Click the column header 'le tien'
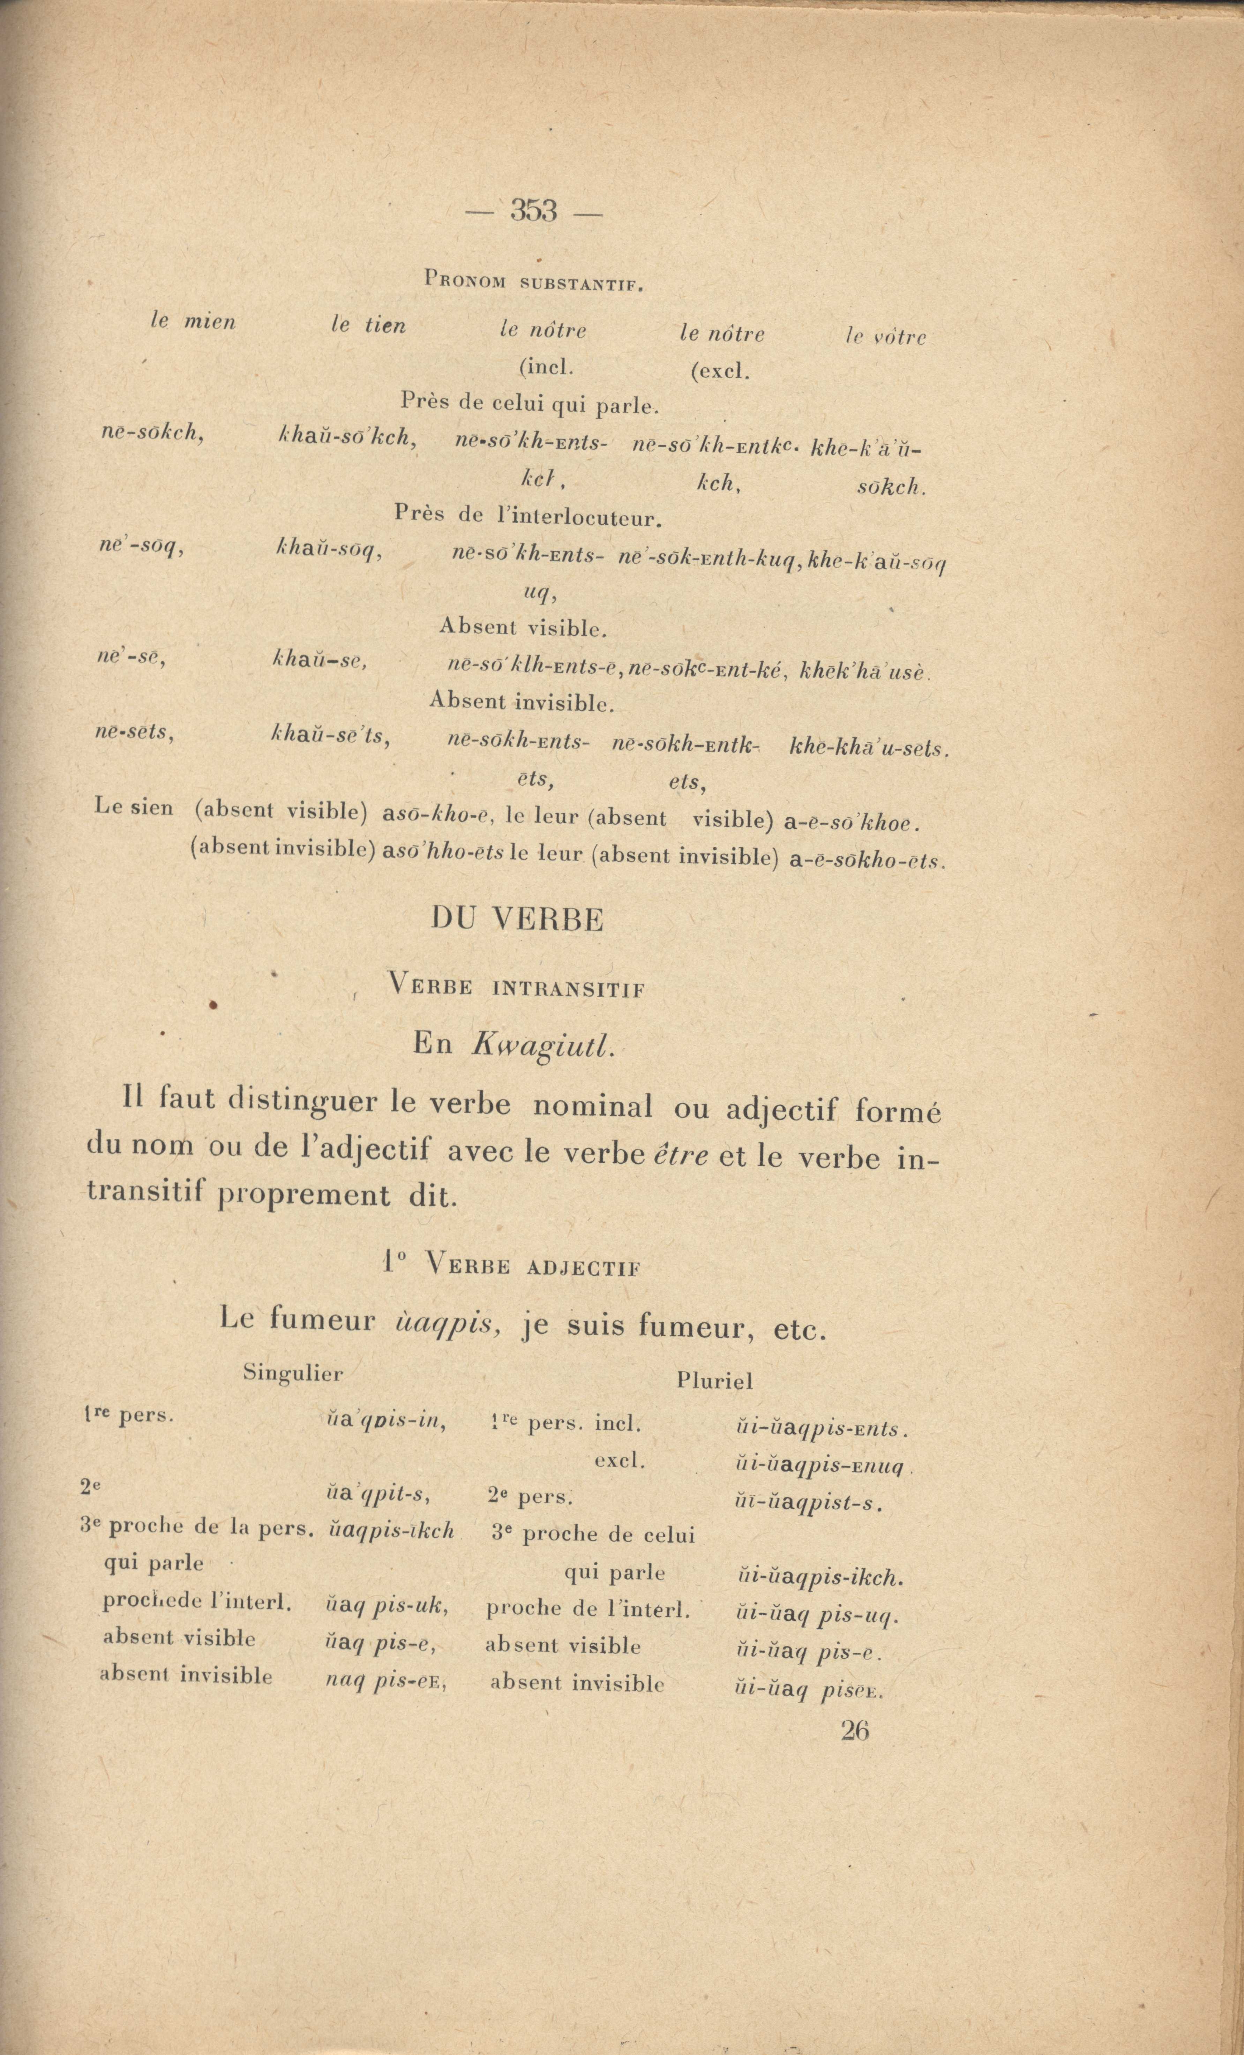click(368, 325)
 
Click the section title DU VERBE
click(517, 920)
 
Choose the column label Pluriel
click(714, 1382)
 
